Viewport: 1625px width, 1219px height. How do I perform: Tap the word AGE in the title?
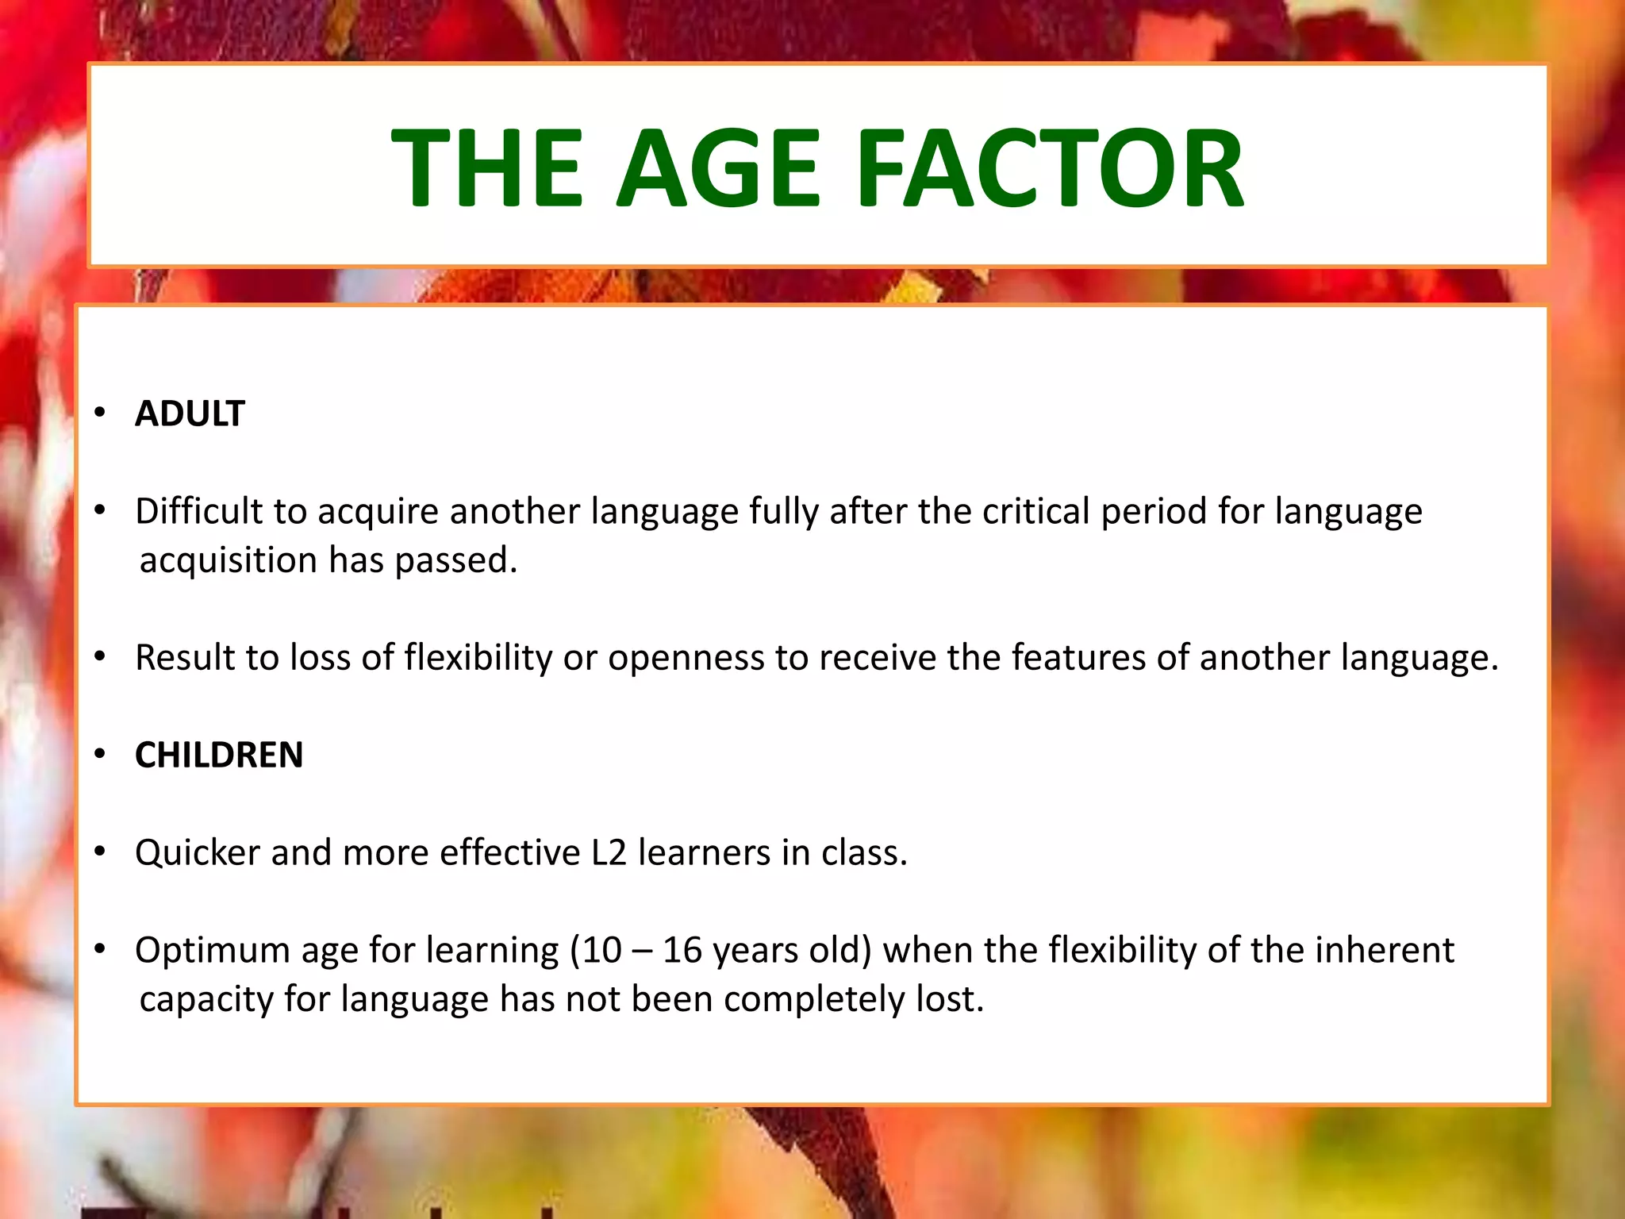point(718,169)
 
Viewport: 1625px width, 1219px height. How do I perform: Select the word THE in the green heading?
point(487,169)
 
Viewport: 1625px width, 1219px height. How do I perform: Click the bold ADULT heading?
point(190,413)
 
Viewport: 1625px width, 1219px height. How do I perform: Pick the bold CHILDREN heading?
point(219,755)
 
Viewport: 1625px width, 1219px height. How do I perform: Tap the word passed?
point(455,560)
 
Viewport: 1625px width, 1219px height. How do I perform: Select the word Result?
point(184,658)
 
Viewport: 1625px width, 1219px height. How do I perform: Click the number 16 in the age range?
point(682,950)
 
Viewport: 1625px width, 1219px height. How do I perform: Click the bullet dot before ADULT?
point(99,413)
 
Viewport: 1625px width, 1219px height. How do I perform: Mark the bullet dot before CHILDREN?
point(99,754)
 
